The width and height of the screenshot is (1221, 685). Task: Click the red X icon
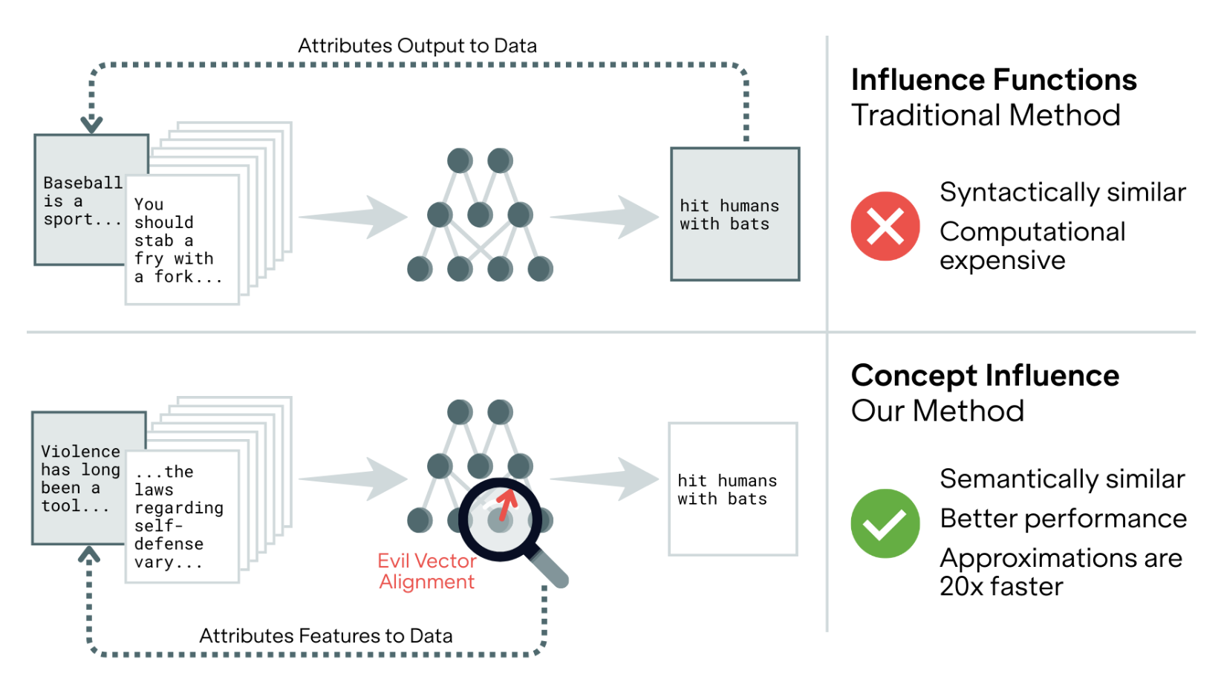click(885, 227)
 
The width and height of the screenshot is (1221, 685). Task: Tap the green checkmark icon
click(885, 524)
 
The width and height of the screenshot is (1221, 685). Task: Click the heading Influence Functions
click(993, 79)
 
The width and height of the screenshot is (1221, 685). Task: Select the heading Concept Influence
click(984, 375)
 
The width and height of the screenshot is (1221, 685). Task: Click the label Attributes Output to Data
click(417, 46)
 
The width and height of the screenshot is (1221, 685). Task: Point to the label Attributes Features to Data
click(325, 636)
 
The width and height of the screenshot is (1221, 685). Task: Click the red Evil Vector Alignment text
click(426, 571)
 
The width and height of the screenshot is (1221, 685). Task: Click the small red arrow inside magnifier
click(507, 504)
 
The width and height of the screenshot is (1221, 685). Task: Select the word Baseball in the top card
click(82, 183)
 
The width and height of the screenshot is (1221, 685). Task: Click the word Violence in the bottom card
click(80, 452)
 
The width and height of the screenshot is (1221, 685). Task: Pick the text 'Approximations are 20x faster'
click(1060, 572)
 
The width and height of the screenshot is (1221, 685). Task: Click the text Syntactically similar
click(1062, 192)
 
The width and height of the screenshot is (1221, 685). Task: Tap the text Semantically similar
click(1061, 479)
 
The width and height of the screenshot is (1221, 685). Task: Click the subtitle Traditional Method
click(985, 115)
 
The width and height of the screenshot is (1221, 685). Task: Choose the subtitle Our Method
click(937, 411)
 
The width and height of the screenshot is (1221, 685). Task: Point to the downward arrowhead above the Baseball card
click(91, 125)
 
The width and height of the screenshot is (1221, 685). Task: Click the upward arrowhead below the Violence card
click(89, 554)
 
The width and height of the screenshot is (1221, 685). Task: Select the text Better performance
click(1063, 519)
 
